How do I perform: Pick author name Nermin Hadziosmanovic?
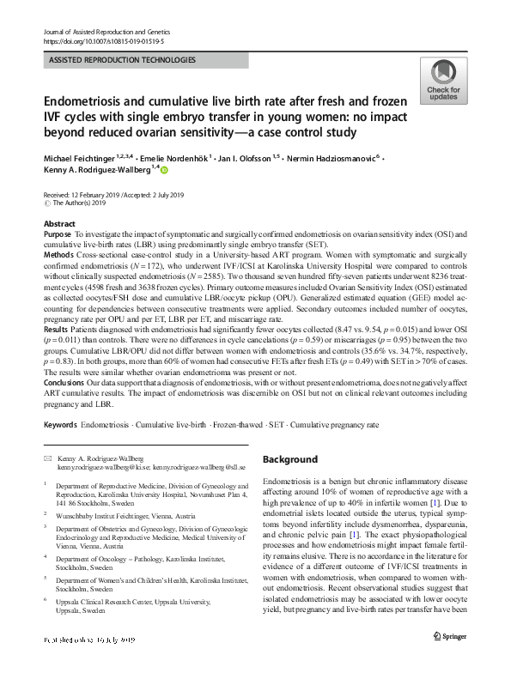[340, 161]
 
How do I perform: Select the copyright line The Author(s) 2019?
[82, 204]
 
